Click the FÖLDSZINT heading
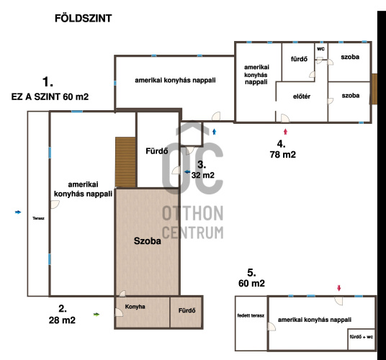click(84, 19)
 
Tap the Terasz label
click(38, 218)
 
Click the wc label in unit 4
click(320, 49)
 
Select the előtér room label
click(302, 96)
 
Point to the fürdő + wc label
click(361, 337)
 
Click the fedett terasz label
click(251, 315)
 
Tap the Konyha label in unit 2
click(135, 307)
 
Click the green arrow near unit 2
click(96, 314)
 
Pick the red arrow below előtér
click(285, 132)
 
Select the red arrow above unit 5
click(339, 288)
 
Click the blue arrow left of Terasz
click(18, 212)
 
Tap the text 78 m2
click(283, 155)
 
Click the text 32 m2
click(203, 175)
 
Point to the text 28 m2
click(62, 320)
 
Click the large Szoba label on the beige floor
click(147, 241)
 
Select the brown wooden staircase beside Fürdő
click(125, 162)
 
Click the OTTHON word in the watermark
click(193, 213)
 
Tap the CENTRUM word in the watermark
click(193, 233)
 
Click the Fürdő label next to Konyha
click(187, 310)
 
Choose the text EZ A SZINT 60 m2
click(50, 96)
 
